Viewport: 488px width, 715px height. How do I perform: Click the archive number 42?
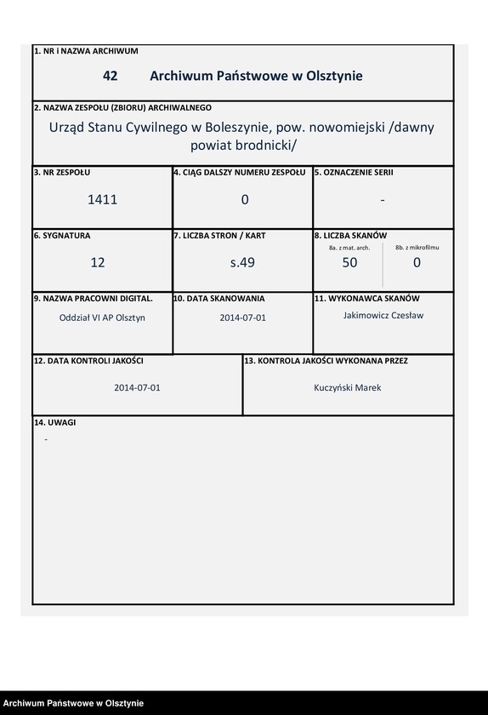pos(110,76)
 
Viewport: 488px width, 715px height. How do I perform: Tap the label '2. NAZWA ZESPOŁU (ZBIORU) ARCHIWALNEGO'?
pos(122,108)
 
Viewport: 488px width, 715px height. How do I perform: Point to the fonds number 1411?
pos(102,200)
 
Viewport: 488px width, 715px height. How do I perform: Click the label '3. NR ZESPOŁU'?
pos(59,172)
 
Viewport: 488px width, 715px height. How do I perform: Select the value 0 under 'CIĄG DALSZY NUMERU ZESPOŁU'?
pos(245,200)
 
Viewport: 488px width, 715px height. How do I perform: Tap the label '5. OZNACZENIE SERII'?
pos(354,172)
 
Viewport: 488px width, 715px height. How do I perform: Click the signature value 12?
pos(98,263)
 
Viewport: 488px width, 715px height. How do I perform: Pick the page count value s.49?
pos(243,263)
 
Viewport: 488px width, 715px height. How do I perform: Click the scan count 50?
pos(349,263)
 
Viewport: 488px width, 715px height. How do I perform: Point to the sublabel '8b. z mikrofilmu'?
pos(417,247)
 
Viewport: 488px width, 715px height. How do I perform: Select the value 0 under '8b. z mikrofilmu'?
pos(417,263)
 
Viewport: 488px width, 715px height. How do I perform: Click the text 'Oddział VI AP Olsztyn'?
pos(98,317)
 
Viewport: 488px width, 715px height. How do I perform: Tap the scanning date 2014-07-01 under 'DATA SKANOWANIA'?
pos(243,317)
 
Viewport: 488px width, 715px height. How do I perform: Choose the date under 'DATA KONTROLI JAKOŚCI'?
pos(138,387)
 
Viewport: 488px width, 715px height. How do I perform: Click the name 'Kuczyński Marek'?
pos(348,387)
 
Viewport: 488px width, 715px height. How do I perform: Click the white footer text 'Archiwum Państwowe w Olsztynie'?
pos(72,703)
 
